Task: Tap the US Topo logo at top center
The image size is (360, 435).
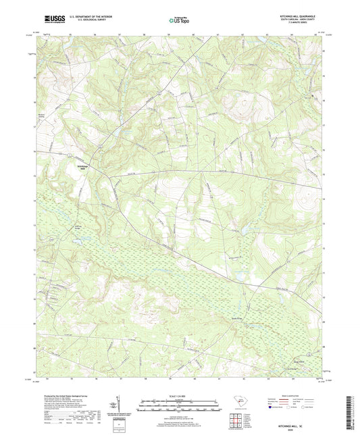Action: [x=180, y=20]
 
